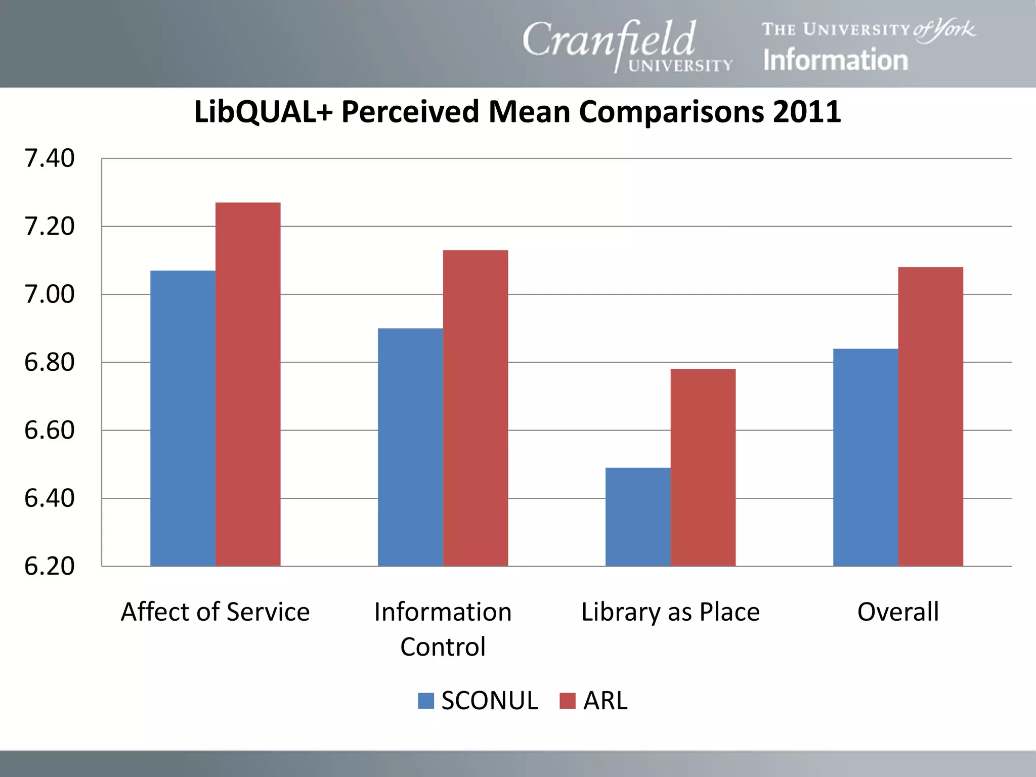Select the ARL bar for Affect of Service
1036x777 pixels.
248,384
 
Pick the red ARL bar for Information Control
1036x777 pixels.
476,408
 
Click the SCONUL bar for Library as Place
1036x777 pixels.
638,516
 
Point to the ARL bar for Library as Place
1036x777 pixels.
703,467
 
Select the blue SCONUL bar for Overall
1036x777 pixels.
866,457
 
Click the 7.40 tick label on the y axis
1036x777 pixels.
49,158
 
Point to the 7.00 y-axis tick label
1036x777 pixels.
49,294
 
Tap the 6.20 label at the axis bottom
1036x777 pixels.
49,566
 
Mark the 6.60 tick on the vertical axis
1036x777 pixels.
49,430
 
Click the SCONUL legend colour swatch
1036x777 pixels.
426,701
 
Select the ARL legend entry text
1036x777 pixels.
605,701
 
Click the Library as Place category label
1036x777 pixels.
670,612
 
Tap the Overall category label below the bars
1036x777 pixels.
898,612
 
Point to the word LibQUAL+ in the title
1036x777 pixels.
263,112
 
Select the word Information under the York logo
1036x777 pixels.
835,60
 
